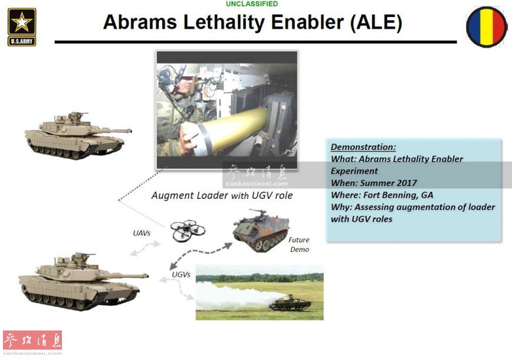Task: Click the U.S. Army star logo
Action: [x=22, y=27]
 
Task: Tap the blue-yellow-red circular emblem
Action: [x=487, y=27]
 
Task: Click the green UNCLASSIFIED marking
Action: [x=252, y=4]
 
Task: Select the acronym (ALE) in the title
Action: [x=376, y=22]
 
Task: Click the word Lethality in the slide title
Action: [x=224, y=22]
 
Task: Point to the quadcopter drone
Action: [x=188, y=230]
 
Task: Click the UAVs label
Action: [x=142, y=233]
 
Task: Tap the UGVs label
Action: [x=181, y=274]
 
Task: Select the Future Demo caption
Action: [x=299, y=245]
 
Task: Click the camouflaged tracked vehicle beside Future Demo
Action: [x=261, y=230]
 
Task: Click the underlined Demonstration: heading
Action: [x=363, y=147]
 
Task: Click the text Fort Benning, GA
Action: [x=398, y=195]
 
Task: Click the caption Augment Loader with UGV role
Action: [x=222, y=195]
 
